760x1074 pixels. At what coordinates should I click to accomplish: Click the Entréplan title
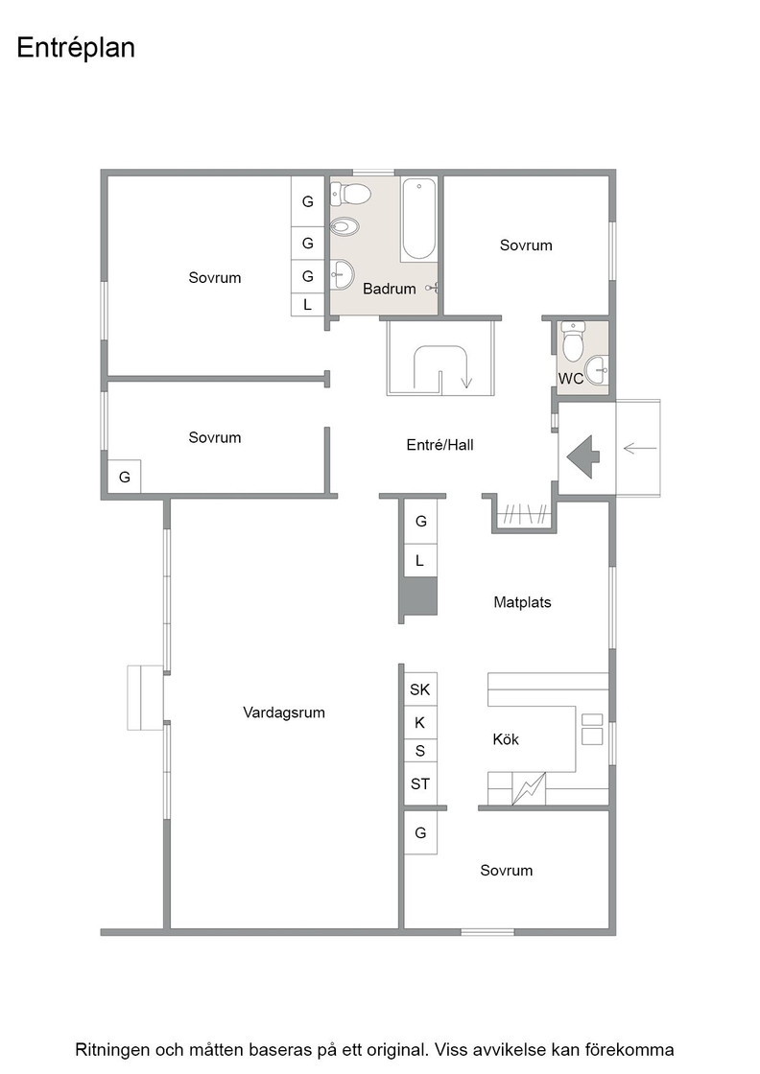[x=76, y=49]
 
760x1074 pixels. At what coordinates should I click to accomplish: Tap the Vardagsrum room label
[x=284, y=712]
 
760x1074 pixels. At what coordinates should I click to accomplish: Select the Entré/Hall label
[x=439, y=445]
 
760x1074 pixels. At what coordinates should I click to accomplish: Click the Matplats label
[x=522, y=602]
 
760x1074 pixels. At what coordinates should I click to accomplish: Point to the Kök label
[x=506, y=739]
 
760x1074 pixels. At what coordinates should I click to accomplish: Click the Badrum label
[x=390, y=289]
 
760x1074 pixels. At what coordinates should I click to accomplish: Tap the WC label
[x=570, y=378]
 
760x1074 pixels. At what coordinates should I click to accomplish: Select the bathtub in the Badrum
[x=418, y=220]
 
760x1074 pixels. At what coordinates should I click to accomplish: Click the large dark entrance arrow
[x=583, y=455]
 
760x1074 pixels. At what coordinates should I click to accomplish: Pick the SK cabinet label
[x=420, y=689]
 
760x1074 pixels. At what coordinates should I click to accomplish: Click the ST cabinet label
[x=420, y=783]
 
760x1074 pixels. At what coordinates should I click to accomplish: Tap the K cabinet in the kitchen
[x=420, y=723]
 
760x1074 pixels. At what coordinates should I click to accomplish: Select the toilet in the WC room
[x=572, y=340]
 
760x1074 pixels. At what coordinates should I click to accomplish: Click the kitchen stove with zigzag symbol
[x=529, y=788]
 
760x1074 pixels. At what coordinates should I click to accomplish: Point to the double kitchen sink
[x=592, y=730]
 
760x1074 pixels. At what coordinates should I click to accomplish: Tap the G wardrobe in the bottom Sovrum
[x=420, y=833]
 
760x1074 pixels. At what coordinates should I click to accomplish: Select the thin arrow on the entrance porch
[x=640, y=449]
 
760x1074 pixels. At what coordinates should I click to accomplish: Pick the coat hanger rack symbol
[x=524, y=514]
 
